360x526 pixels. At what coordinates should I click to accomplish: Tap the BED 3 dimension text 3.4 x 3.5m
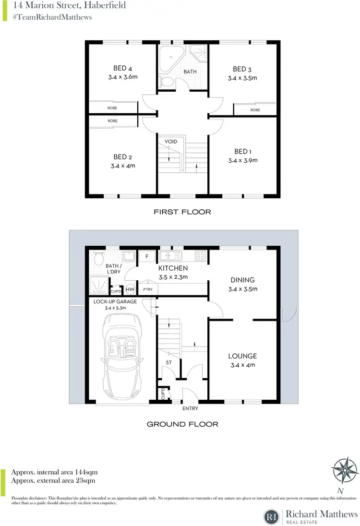(x=242, y=78)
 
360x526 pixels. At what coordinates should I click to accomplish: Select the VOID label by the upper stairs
(x=171, y=142)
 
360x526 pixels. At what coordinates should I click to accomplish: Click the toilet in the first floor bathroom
(x=167, y=82)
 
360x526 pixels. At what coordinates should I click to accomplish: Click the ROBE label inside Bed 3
(x=255, y=110)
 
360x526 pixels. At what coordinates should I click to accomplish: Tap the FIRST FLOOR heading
(x=182, y=212)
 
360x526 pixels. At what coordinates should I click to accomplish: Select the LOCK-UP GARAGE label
(x=115, y=301)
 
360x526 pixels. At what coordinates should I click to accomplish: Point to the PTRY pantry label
(x=145, y=290)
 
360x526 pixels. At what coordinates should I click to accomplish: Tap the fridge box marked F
(x=146, y=256)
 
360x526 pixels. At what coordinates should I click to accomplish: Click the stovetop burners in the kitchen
(x=200, y=256)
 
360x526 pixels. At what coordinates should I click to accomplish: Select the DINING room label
(x=242, y=280)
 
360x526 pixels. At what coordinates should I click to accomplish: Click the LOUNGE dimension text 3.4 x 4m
(x=242, y=365)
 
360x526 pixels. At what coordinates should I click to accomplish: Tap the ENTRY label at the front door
(x=190, y=408)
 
